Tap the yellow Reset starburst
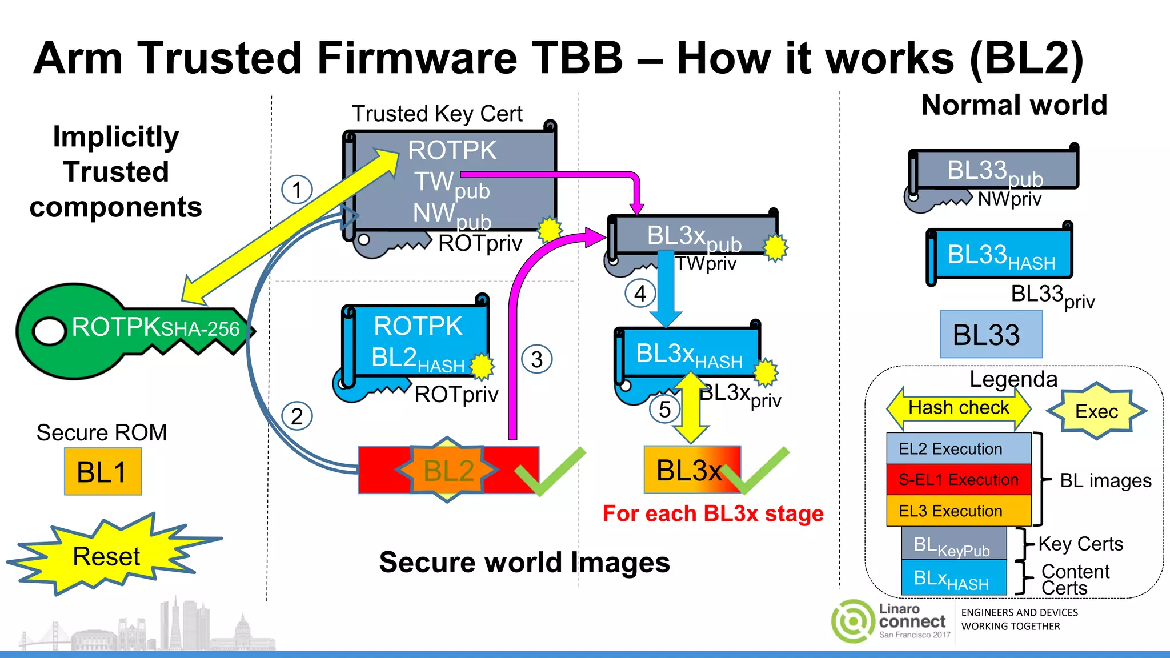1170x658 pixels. (106, 556)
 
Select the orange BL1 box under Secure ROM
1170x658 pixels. (102, 472)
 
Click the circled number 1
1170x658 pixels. (296, 190)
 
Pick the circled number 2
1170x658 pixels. (296, 416)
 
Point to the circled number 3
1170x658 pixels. (536, 359)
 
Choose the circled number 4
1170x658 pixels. (640, 294)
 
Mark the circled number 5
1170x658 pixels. (664, 409)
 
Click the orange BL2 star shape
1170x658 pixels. (448, 470)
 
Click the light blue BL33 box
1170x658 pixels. (991, 335)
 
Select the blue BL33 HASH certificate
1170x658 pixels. (1000, 254)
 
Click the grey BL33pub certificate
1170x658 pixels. (994, 170)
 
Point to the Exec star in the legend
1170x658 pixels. (1096, 411)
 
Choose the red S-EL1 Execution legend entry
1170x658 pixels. (958, 479)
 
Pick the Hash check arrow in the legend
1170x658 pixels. (958, 408)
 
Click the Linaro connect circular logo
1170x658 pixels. (852, 621)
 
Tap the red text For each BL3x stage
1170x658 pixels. (713, 513)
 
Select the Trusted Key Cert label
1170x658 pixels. (437, 114)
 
